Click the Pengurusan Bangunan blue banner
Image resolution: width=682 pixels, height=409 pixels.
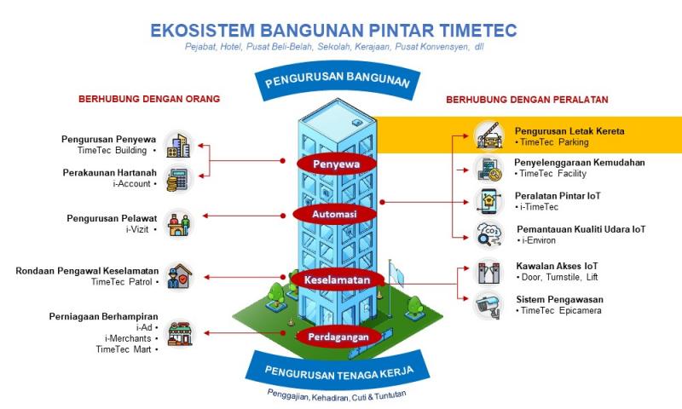(x=338, y=83)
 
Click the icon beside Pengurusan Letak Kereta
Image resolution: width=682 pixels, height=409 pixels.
(x=488, y=135)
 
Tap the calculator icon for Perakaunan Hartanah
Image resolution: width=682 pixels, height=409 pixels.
(x=178, y=179)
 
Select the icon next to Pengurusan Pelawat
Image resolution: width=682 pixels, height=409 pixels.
(x=178, y=224)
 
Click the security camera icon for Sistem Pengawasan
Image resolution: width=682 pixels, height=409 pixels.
(x=488, y=304)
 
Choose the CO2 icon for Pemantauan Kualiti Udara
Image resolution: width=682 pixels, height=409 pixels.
(x=488, y=233)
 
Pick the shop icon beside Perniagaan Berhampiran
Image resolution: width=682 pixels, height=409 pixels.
(x=178, y=332)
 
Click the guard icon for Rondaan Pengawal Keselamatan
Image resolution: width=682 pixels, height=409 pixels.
(x=178, y=276)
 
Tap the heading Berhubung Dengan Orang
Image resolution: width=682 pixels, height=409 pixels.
(x=149, y=99)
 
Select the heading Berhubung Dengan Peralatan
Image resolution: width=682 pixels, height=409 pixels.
(x=527, y=100)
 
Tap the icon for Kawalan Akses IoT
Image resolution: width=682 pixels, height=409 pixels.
(x=488, y=272)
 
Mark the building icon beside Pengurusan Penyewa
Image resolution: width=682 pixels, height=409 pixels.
(x=178, y=144)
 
